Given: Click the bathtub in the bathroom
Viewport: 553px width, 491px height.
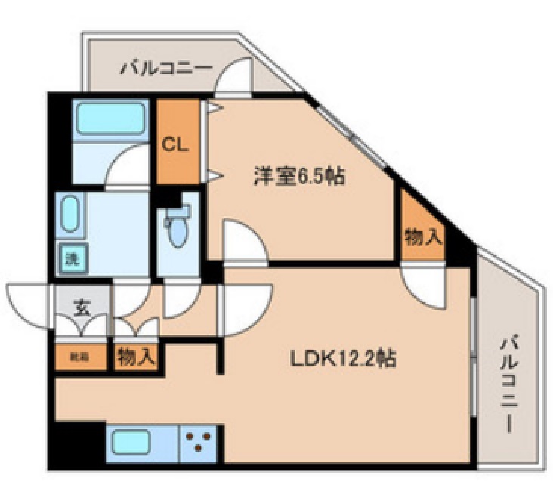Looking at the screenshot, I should coord(113,119).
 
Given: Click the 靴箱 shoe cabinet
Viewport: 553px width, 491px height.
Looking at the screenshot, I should coord(79,356).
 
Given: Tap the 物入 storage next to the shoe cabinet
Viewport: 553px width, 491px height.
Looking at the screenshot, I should coord(137,357).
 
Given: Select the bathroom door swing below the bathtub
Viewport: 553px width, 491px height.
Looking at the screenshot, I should coord(127,166).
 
